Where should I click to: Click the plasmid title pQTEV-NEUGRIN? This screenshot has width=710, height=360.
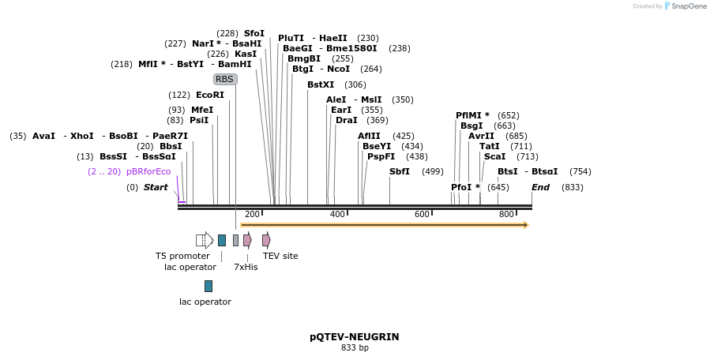coord(354,337)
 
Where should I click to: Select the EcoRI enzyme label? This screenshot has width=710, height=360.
coord(210,95)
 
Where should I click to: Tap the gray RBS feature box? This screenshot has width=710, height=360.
coord(225,79)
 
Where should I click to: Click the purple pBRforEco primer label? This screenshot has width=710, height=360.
coord(148,171)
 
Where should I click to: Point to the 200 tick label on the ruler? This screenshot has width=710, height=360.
coord(252,215)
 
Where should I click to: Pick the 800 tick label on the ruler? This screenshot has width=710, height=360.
coord(506,215)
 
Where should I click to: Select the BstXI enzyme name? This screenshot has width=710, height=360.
coord(321,84)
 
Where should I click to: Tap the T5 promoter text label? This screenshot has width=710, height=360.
coord(182,256)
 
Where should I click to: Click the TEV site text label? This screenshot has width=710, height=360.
coord(280,256)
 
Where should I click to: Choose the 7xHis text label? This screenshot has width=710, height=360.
coord(246,267)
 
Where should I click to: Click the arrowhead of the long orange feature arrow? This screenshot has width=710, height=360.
coord(524,225)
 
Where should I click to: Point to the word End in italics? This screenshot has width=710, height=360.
coord(540,187)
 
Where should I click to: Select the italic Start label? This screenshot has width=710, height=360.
coord(156,187)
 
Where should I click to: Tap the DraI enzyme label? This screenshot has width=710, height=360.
coord(346,120)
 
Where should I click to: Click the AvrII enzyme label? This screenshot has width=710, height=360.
coord(481,136)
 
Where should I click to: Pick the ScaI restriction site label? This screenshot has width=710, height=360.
coord(494,156)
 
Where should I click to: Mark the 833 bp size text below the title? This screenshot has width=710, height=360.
coord(355,348)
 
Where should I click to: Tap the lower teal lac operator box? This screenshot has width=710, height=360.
coord(208,286)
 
